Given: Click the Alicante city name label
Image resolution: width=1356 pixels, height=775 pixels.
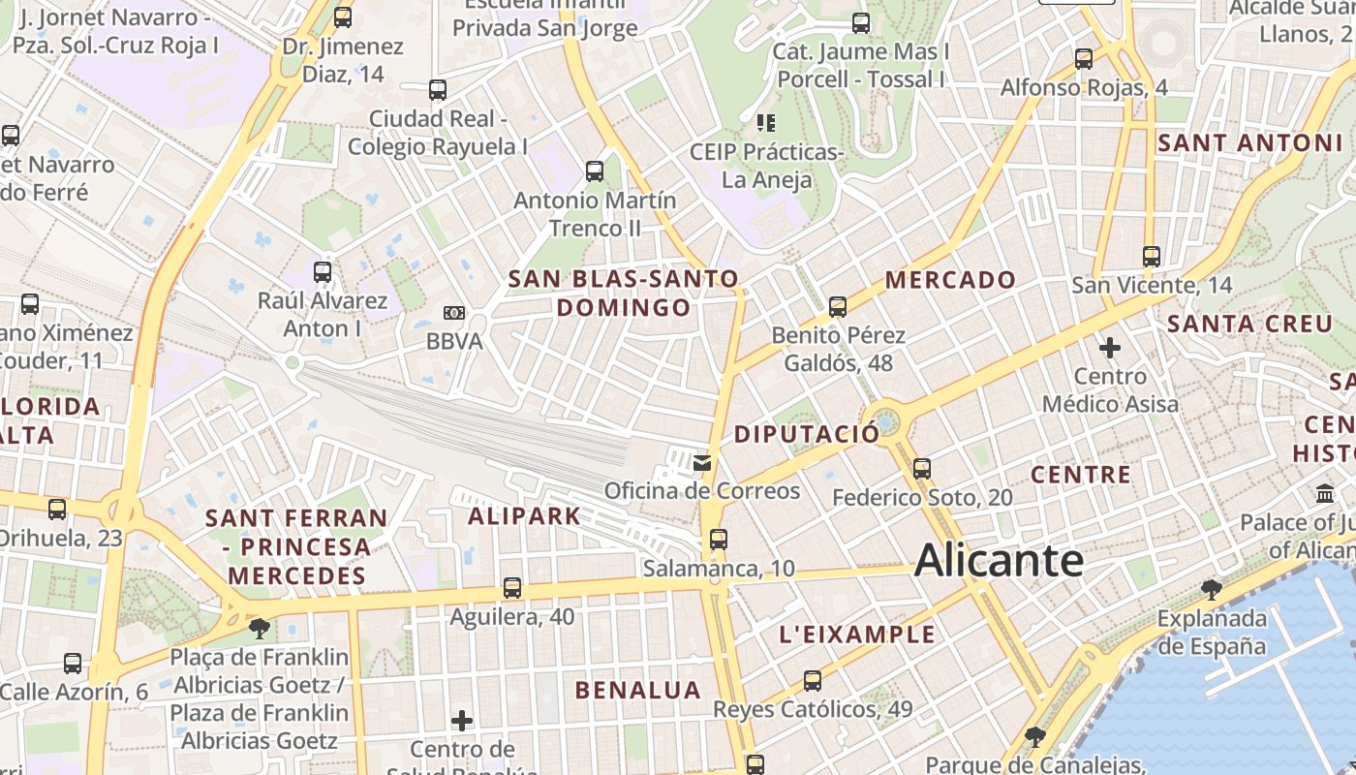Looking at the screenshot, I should pos(999,561).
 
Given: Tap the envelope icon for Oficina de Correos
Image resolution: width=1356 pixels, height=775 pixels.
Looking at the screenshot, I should pos(702,463).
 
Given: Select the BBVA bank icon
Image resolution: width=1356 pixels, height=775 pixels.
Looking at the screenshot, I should pos(453,313).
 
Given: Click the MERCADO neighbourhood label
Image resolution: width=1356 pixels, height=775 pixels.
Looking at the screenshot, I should pos(950,280).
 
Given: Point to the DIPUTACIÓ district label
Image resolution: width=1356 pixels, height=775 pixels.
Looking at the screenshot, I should pos(806,434).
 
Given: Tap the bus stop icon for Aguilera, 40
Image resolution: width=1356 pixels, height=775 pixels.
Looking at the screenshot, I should pos(512,588).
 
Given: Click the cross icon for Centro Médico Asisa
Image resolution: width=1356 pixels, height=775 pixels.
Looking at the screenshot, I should pos(1110,347).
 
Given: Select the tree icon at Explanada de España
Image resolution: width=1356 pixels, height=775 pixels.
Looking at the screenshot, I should pos(1211,589).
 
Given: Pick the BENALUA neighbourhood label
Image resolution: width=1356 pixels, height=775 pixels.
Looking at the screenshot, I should pos(637,690).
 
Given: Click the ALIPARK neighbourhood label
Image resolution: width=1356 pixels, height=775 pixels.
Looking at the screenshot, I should pos(524,515).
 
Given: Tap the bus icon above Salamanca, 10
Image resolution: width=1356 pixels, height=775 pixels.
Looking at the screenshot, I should pos(718,540).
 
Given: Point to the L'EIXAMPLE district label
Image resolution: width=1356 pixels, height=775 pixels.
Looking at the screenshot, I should pos(857,635).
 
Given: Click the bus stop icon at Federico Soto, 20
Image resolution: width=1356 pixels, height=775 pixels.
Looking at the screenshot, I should pos(922,469).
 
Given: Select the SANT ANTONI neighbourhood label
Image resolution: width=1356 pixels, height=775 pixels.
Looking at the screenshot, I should pos(1250,143).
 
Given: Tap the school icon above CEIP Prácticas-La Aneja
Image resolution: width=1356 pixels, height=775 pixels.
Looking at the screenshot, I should pos(766,123).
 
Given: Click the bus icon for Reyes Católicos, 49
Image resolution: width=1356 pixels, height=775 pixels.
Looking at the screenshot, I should pos(813,681).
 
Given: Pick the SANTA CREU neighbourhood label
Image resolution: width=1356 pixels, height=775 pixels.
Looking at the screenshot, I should pos(1250,324).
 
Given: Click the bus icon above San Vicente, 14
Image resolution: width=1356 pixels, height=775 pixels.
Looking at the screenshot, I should pos(1151,257).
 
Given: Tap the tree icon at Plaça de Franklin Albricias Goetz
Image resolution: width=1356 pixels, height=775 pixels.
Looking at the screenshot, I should pos(259,629).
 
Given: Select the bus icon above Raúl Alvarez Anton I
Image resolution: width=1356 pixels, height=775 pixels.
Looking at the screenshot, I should pos(323,272).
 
